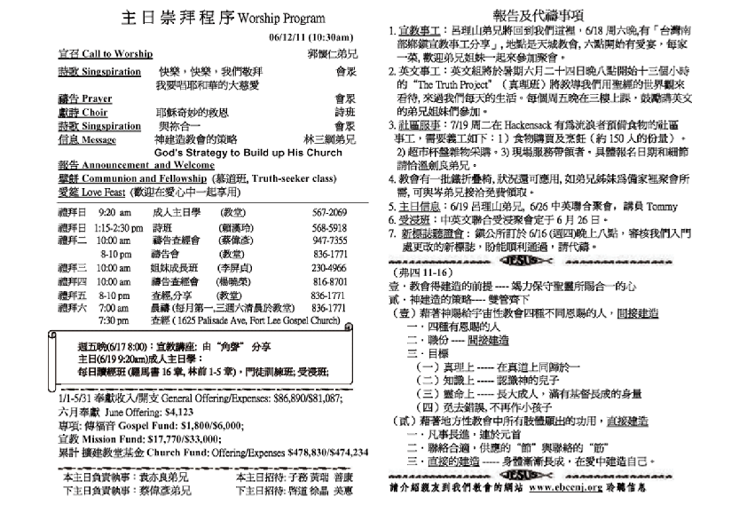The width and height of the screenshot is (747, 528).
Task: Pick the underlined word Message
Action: (98, 139)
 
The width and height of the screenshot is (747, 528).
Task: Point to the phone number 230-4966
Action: (329, 266)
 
